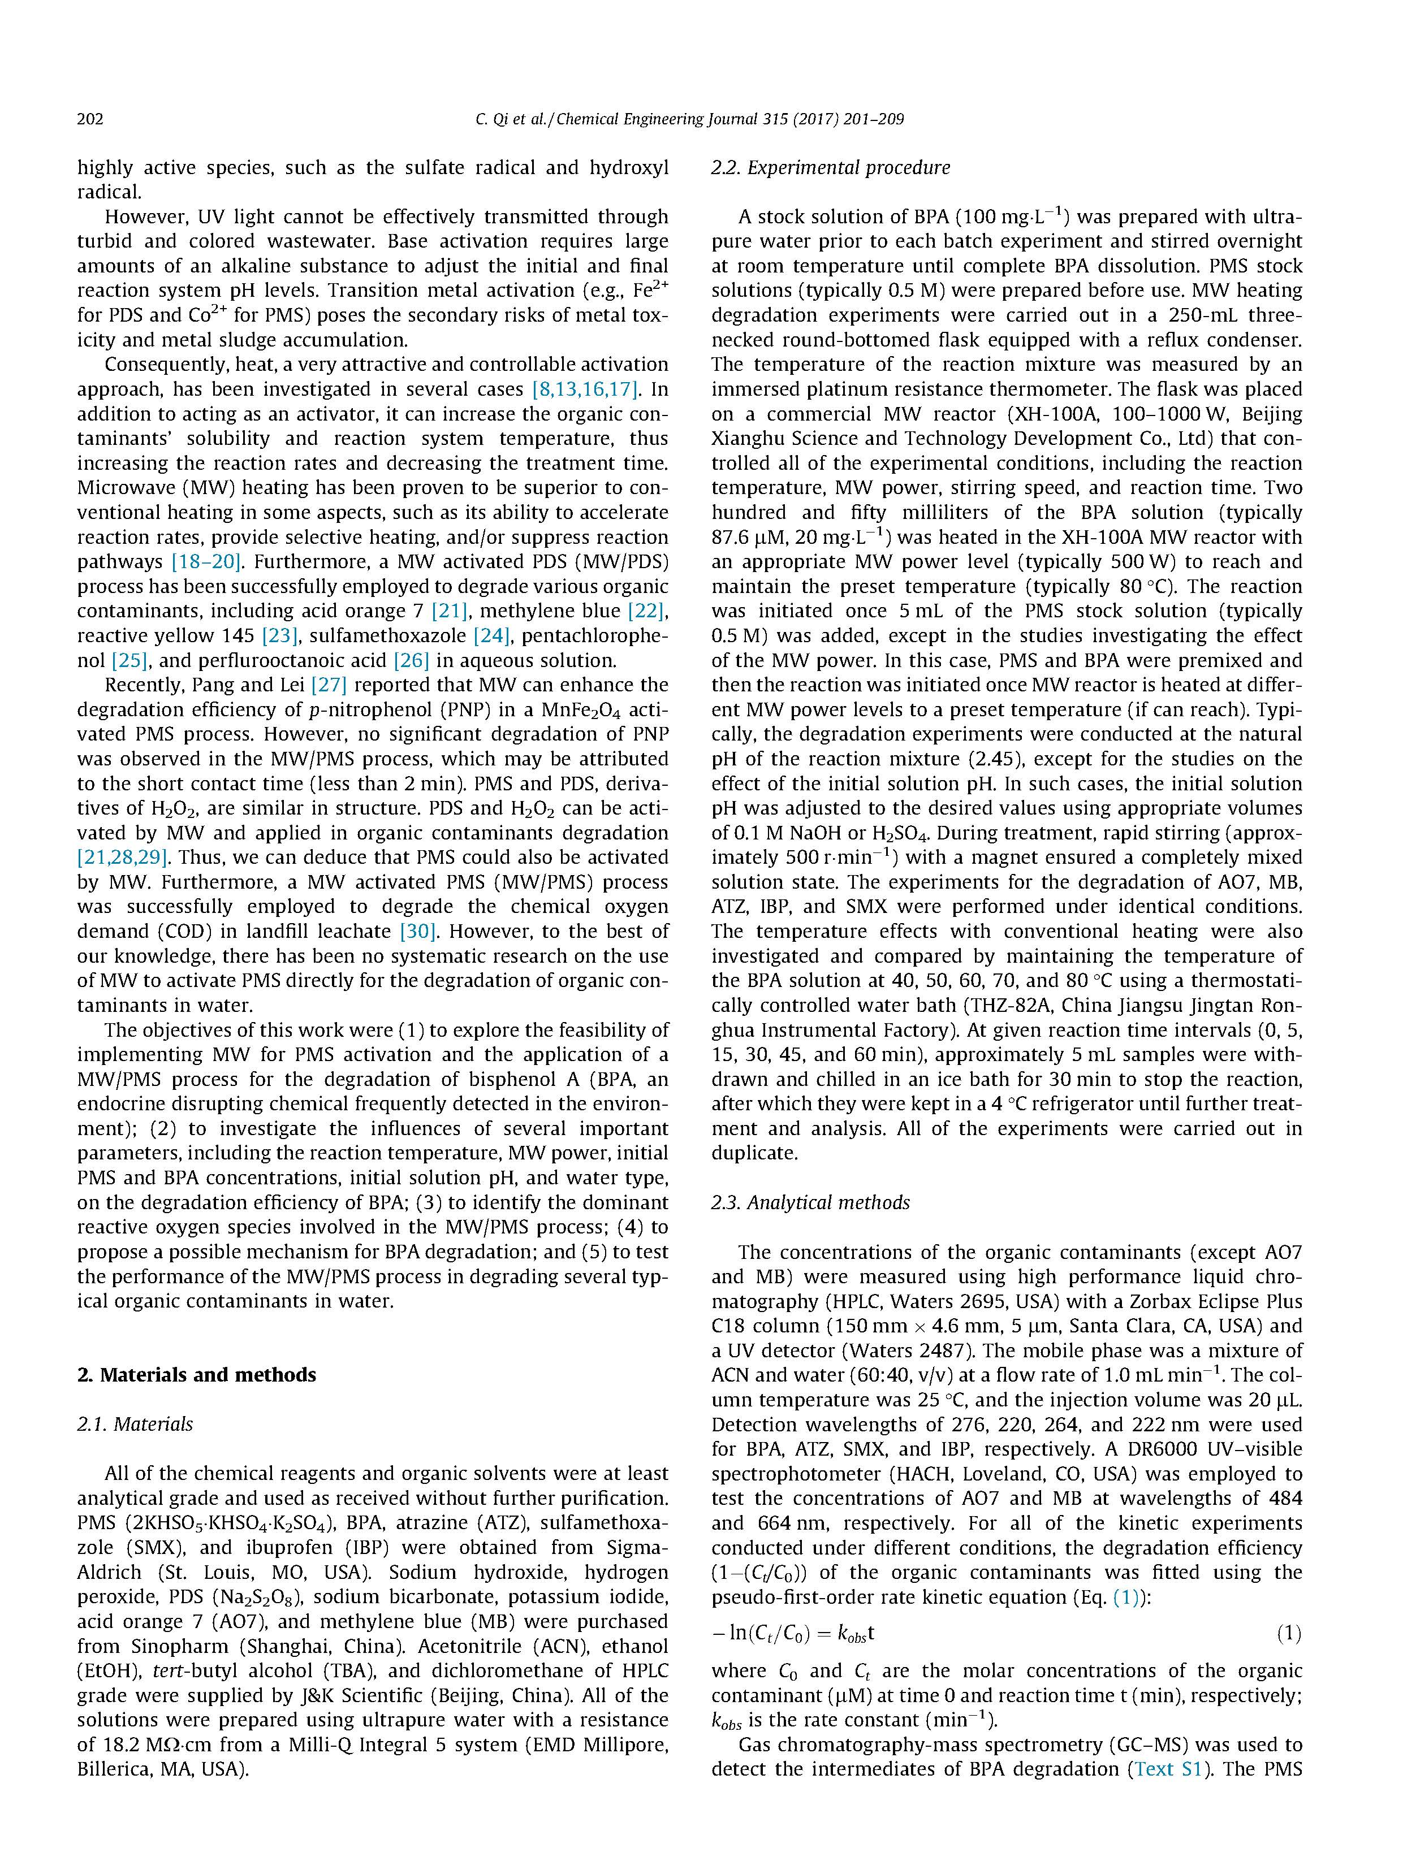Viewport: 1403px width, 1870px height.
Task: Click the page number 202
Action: pyautogui.click(x=90, y=119)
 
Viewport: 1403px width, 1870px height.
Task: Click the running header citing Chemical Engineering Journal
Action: pyautogui.click(x=689, y=119)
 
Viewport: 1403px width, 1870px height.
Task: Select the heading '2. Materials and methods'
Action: pyautogui.click(x=196, y=1375)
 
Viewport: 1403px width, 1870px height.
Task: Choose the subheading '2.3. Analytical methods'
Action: pyautogui.click(x=810, y=1202)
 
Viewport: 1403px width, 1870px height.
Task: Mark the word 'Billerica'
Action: pyautogui.click(x=114, y=1769)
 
